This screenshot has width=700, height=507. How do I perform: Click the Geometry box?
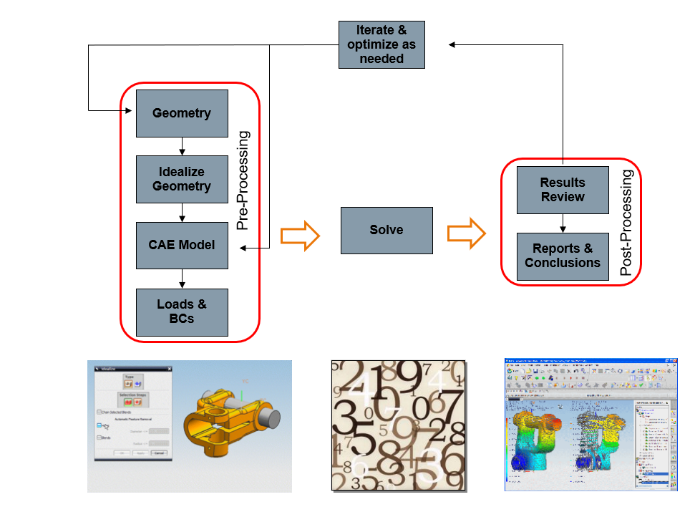click(x=182, y=113)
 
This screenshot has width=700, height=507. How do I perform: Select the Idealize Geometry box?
click(x=182, y=179)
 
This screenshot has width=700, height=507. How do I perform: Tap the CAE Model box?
click(x=182, y=245)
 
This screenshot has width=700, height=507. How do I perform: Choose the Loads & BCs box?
click(x=182, y=312)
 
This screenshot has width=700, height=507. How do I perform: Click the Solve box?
click(x=387, y=230)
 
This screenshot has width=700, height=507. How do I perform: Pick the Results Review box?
click(x=563, y=190)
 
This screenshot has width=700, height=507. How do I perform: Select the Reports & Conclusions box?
click(x=563, y=256)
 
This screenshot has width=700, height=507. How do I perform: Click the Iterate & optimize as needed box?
click(x=381, y=44)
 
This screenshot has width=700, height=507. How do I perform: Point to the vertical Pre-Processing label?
click(x=243, y=180)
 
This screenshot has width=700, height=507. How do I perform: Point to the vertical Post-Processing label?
click(x=626, y=223)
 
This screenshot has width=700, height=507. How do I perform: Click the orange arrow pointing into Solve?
click(x=300, y=236)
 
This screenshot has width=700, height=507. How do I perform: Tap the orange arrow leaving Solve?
click(x=467, y=233)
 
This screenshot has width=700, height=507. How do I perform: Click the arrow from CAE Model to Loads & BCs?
click(x=183, y=279)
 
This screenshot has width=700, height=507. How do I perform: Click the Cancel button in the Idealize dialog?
click(x=159, y=453)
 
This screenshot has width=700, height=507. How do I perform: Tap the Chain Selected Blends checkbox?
click(x=99, y=412)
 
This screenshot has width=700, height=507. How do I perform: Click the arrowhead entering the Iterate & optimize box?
click(x=453, y=44)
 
